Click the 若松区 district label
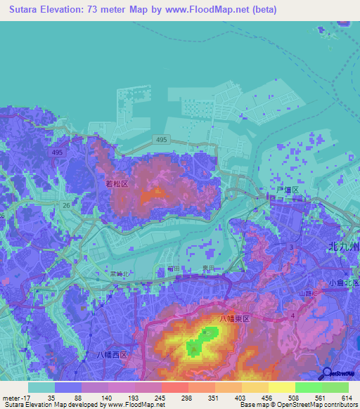coord(117,183)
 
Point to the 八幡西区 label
coord(112,355)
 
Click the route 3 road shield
coord(291,247)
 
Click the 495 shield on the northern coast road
coord(161,140)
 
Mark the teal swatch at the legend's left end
coord(41,387)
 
